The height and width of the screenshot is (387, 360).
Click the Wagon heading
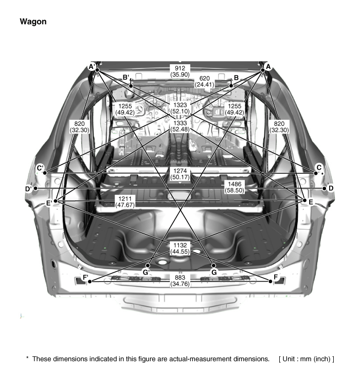[x=33, y=22]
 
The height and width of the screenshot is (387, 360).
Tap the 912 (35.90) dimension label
[x=180, y=71]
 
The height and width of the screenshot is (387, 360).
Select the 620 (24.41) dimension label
[x=205, y=81]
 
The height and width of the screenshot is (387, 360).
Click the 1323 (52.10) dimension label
[x=180, y=108]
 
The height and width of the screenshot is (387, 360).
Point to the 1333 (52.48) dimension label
[x=180, y=126]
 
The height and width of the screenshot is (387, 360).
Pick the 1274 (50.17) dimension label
[x=180, y=174]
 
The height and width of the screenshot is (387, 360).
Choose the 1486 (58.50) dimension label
[x=235, y=187]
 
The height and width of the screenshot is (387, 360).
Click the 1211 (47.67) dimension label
[x=125, y=201]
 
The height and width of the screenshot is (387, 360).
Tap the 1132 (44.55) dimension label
[x=180, y=248]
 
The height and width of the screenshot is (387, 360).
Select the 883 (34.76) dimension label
[x=180, y=281]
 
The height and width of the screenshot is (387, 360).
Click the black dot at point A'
[x=97, y=70]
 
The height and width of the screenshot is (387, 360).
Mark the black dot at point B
[x=231, y=86]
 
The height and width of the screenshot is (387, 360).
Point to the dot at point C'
[x=45, y=173]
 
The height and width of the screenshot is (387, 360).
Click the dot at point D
[x=324, y=188]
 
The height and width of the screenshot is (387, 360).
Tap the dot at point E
[x=304, y=200]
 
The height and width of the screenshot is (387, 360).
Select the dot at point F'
[x=90, y=281]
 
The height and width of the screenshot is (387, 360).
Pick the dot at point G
[x=213, y=266]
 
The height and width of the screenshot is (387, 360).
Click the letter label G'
[x=146, y=272]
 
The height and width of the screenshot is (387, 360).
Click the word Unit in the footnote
[x=289, y=359]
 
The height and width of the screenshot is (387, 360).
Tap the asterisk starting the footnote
[x=27, y=358]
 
